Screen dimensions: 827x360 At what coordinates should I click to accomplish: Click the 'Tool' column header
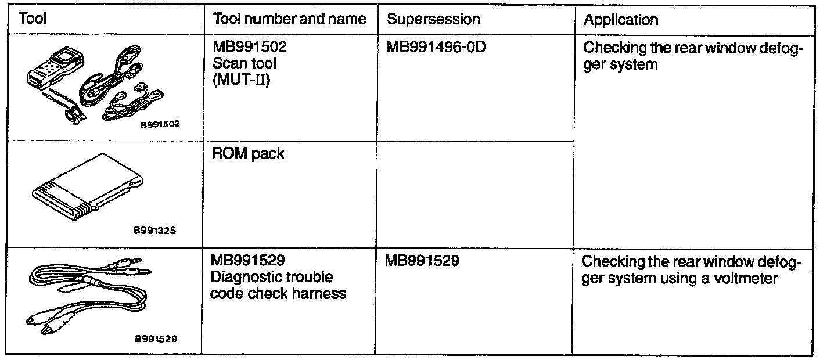[33, 19]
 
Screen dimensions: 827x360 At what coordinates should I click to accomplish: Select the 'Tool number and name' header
[290, 19]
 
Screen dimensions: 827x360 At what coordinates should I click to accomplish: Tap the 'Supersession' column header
[434, 19]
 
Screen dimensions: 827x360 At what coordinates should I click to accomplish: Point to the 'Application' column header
[621, 20]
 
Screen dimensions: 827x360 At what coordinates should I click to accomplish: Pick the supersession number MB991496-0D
[436, 48]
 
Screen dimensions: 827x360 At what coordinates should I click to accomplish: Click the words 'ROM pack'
[248, 155]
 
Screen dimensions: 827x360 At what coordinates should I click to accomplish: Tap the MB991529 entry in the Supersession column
[422, 261]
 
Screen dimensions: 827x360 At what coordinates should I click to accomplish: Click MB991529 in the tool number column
[249, 261]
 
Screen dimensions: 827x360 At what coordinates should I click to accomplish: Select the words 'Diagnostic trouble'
[271, 277]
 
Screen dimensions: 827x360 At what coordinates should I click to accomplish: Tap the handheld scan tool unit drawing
[51, 73]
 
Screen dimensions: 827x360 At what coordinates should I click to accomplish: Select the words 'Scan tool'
[244, 63]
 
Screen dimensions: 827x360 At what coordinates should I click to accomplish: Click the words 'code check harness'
[278, 293]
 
